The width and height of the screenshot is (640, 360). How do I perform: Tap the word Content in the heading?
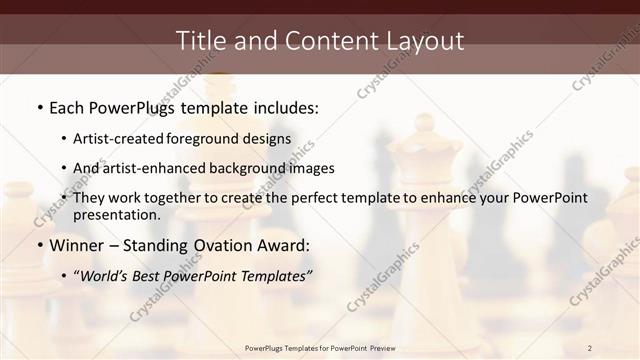323,41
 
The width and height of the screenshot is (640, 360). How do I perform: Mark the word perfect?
311,198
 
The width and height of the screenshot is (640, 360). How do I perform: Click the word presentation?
116,215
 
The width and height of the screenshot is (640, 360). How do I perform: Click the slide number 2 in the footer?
590,348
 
